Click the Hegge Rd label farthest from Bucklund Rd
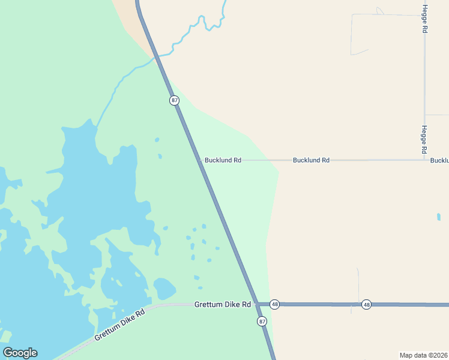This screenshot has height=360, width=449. coord(424,19)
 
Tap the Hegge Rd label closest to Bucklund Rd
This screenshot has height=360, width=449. coord(424,139)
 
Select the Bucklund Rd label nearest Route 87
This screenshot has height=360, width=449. coord(223,160)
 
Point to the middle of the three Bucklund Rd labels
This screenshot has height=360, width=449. coord(311,160)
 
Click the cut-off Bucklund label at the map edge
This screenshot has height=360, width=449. coord(439,160)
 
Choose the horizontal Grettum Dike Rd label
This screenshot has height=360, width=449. coord(222,305)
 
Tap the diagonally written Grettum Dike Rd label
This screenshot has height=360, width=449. coord(120,326)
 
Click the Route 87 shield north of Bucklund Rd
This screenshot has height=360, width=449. coord(175,100)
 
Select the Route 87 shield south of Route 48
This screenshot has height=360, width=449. coord(262,322)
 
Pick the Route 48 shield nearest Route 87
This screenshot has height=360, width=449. coord(275,305)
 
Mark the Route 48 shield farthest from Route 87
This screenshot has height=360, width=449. coord(367,305)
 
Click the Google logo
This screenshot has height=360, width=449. coord(20,353)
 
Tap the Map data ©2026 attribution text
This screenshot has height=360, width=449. coord(424,355)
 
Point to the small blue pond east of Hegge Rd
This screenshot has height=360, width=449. coord(439,217)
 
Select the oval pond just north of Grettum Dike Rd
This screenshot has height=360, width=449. coord(164,289)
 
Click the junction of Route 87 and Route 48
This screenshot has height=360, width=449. coord(256,304)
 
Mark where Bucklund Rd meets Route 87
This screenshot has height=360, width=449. coord(200,160)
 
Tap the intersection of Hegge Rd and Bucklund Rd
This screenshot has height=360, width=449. coord(424,160)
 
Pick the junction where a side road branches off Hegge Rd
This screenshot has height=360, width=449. coord(424,115)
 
